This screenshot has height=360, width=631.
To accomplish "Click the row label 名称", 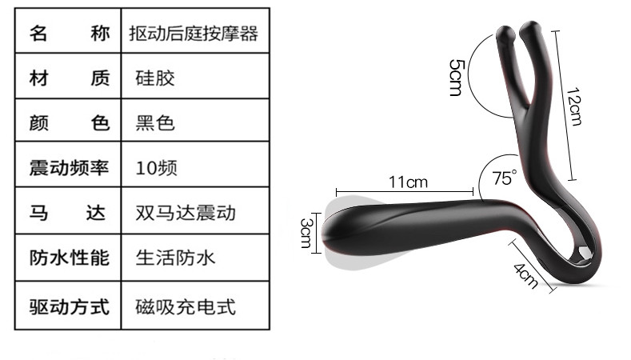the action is point(69,34).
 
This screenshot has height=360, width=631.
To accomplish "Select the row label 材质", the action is point(69,78).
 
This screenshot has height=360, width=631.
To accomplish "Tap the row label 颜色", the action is point(69,123).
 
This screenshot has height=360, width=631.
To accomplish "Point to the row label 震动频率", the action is point(69,168).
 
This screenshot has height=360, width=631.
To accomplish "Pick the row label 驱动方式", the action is point(69,305).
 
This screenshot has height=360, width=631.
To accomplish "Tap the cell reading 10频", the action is point(156,168).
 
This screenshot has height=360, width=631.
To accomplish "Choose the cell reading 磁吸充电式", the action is point(186,305).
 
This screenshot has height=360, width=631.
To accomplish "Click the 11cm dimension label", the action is point(408,182).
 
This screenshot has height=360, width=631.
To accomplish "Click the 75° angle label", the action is point(505,178).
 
